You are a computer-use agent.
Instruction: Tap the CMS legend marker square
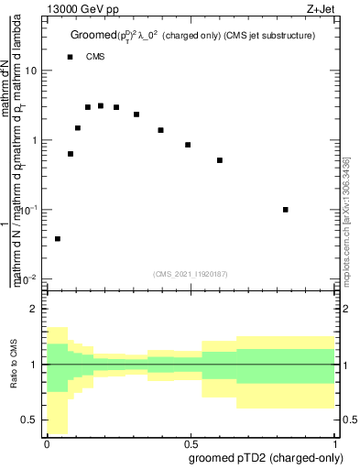[70, 57]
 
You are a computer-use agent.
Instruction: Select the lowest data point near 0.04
[58, 238]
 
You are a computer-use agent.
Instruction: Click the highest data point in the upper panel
[101, 106]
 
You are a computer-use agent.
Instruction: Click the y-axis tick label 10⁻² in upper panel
[29, 278]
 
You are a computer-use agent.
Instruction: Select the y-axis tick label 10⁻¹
[29, 210]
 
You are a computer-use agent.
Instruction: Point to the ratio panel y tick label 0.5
[30, 420]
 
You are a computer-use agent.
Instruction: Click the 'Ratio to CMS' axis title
[12, 365]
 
